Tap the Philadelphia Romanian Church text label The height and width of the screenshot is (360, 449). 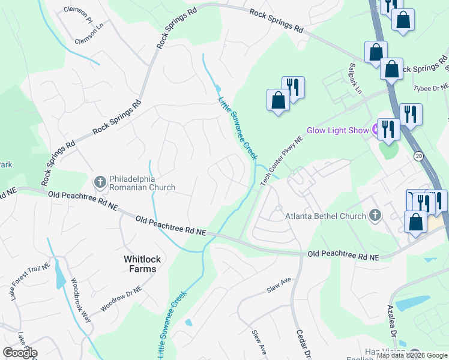tap(142, 183)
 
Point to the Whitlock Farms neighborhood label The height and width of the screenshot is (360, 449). tap(140, 264)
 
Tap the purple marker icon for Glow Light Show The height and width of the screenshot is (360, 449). tap(376, 128)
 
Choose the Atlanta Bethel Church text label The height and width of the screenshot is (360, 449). tap(325, 216)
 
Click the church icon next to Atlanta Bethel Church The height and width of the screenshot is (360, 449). tap(375, 215)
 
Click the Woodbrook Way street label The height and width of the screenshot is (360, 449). tap(81, 300)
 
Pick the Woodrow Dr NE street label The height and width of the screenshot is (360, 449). tap(121, 298)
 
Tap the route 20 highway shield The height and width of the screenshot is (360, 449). tap(418, 155)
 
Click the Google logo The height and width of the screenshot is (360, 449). tap(20, 353)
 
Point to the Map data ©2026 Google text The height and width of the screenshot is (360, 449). tap(411, 355)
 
